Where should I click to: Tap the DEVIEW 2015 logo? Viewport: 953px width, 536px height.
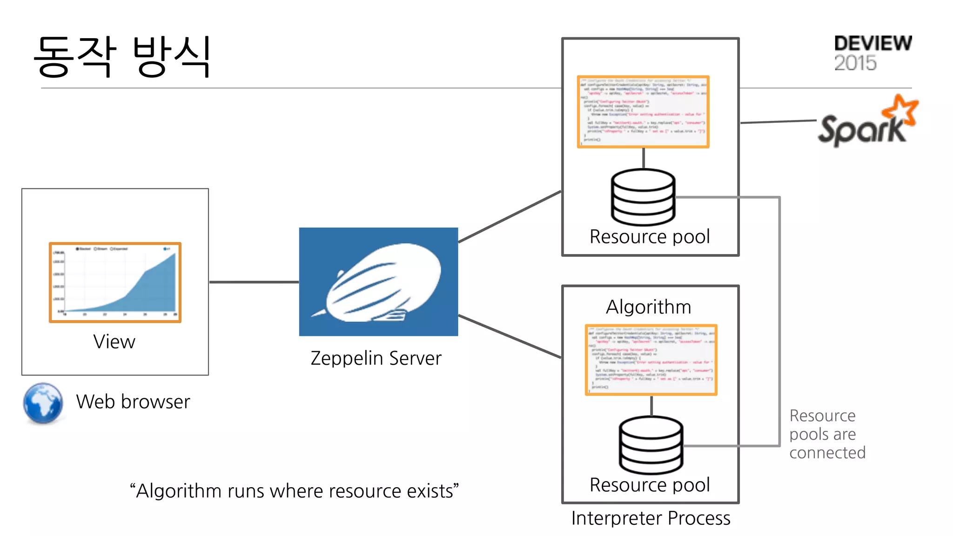click(872, 53)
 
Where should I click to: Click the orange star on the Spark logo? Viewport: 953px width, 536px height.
click(901, 110)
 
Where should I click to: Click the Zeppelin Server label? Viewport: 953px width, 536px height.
click(376, 358)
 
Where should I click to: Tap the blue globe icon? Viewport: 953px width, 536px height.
click(43, 403)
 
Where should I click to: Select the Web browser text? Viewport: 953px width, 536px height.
click(133, 402)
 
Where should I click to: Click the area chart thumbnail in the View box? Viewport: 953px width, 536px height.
click(115, 282)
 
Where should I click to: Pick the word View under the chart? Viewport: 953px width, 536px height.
click(114, 342)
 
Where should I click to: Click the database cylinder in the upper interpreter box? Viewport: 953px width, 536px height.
click(643, 197)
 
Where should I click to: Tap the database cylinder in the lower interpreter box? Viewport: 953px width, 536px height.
click(651, 445)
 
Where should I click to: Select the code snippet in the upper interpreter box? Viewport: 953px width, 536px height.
click(643, 112)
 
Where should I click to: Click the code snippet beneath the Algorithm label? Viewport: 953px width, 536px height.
click(651, 360)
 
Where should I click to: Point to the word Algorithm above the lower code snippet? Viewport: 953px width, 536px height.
click(648, 307)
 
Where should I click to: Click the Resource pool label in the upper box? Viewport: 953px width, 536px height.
click(650, 237)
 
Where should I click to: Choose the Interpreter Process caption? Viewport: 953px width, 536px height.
click(651, 518)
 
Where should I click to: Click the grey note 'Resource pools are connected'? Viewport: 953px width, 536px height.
click(827, 434)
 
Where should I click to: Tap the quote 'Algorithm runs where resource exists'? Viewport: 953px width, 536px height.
click(294, 491)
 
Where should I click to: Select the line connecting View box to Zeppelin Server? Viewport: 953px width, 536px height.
click(254, 282)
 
